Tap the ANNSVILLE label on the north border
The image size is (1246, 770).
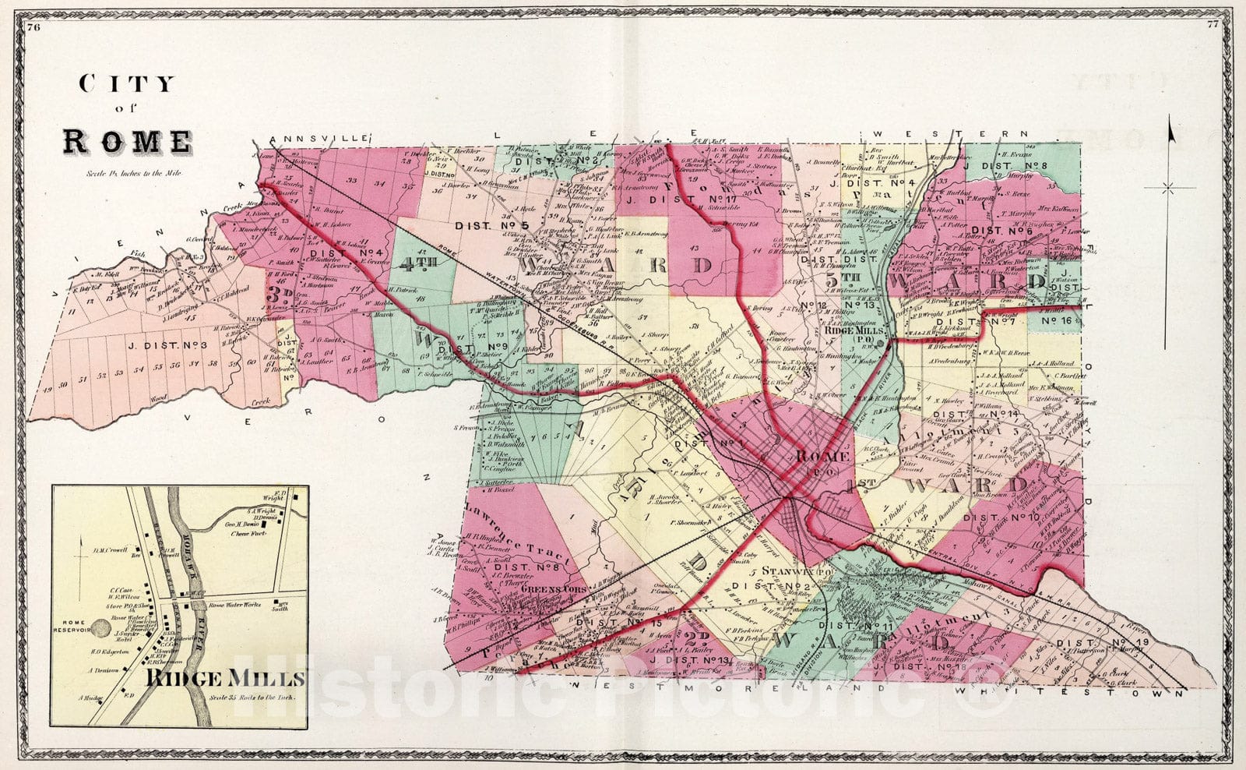[317, 138]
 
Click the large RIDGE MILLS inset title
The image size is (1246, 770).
[224, 678]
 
